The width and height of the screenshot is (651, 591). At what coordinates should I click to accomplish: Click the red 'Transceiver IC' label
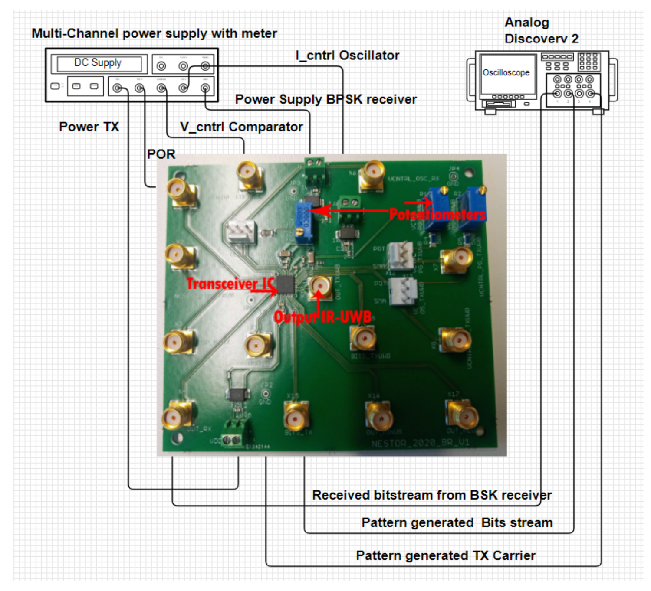(230, 284)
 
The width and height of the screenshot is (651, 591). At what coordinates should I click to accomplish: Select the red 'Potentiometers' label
(437, 215)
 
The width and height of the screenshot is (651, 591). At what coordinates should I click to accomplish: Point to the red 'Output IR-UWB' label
(322, 317)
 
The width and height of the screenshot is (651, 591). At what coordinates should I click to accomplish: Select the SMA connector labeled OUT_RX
(177, 416)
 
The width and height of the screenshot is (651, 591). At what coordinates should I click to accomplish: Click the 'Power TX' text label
(89, 127)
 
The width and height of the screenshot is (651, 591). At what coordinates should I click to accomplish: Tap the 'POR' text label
(161, 154)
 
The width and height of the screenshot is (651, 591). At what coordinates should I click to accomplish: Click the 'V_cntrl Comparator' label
(241, 127)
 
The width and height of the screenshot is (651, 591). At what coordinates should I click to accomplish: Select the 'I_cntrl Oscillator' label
(347, 56)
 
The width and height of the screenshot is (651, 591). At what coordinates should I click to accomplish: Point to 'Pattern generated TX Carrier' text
(446, 555)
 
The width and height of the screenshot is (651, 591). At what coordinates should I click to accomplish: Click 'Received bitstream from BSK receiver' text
(431, 495)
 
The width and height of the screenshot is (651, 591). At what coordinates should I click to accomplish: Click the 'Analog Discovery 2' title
(541, 30)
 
